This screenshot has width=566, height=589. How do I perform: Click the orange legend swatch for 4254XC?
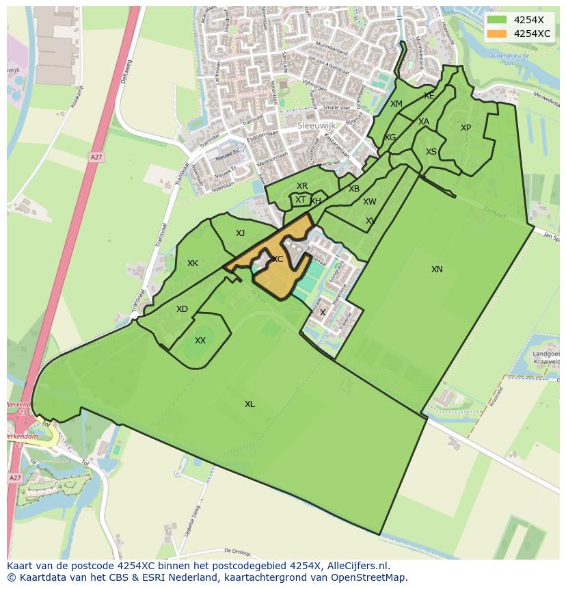coord(497,33)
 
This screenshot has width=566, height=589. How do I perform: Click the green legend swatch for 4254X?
coord(497,20)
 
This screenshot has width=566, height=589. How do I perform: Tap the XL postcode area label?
coord(250,404)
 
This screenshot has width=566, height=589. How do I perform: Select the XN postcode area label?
coord(437,270)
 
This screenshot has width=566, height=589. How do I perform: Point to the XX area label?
coord(200,341)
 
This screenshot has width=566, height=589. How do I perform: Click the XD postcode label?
coord(182,310)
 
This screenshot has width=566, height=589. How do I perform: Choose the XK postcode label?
coord(193,263)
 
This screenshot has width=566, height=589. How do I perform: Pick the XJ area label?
coord(240,233)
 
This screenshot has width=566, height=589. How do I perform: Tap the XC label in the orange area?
coord(278,259)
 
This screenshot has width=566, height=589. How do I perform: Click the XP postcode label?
coord(466,128)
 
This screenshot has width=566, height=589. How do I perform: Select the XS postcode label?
coord(431,152)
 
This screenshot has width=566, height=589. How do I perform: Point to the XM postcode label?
coord(396,104)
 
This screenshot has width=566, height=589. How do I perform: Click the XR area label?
coord(301,186)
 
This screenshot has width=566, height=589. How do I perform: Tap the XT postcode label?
coord(300,200)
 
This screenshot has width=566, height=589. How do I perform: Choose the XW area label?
coord(369,202)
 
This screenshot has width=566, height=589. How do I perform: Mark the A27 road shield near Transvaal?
coord(96,157)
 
